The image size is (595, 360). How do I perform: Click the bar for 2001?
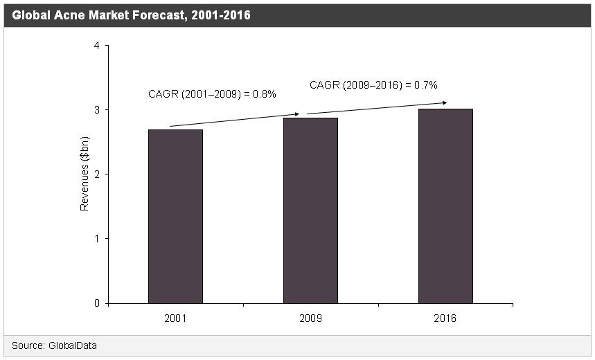pos(175,216)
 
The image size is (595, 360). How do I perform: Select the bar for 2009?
pos(310,210)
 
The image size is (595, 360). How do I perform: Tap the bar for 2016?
pos(445,206)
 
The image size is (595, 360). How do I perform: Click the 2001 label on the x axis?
pos(175,319)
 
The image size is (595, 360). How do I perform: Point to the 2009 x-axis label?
pos(310,319)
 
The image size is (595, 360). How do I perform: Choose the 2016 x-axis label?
pos(445,319)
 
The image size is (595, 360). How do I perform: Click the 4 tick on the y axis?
pos(96,46)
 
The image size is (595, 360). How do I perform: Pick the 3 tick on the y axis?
pos(96,110)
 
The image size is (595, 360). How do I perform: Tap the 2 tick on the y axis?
pos(96,174)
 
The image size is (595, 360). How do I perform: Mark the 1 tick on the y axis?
pos(96,239)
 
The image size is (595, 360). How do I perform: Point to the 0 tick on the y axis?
pos(96,303)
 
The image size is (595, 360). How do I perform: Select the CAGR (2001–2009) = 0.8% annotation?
pos(213,94)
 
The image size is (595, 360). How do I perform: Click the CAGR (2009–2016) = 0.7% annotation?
pos(373,85)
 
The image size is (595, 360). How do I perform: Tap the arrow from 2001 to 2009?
pos(234,120)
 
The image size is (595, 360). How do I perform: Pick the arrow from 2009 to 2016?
pos(377,108)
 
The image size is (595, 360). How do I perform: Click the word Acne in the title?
pos(70,15)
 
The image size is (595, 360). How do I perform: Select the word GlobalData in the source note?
pos(73,345)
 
